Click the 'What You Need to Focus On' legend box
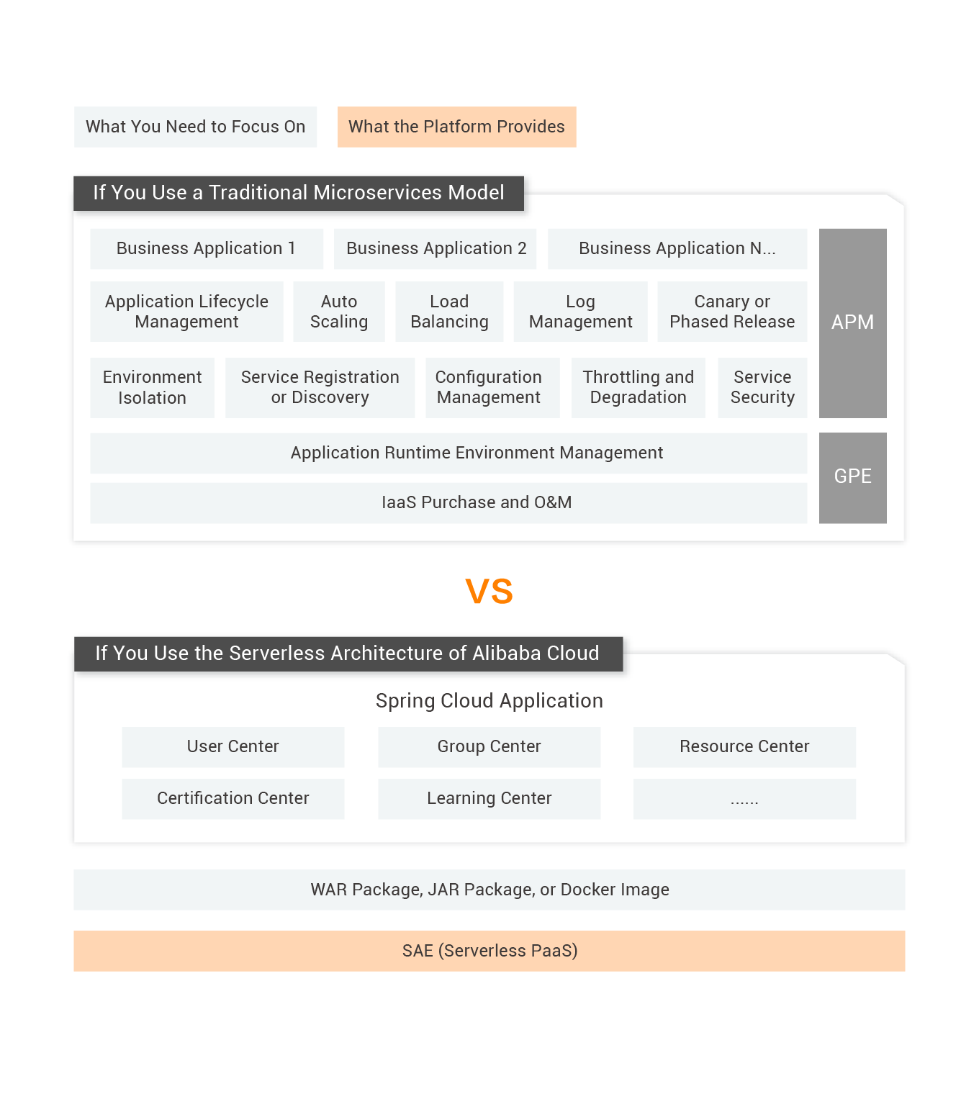[x=195, y=127]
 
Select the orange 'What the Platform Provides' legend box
[x=456, y=127]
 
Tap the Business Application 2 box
[x=436, y=248]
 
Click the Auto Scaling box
[x=339, y=311]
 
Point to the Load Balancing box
[x=449, y=311]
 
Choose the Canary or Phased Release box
[x=732, y=311]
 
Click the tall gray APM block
[x=852, y=322]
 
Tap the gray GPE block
[x=852, y=476]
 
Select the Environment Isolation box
[x=152, y=387]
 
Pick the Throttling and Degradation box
[x=638, y=387]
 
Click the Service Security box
[x=762, y=387]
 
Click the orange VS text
[x=489, y=592]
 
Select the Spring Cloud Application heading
[x=489, y=700]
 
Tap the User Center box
[x=233, y=746]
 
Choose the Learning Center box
[x=489, y=798]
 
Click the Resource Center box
[x=744, y=746]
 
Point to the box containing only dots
[x=744, y=798]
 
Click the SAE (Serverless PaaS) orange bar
[x=489, y=951]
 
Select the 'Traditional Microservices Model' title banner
[x=299, y=192]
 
